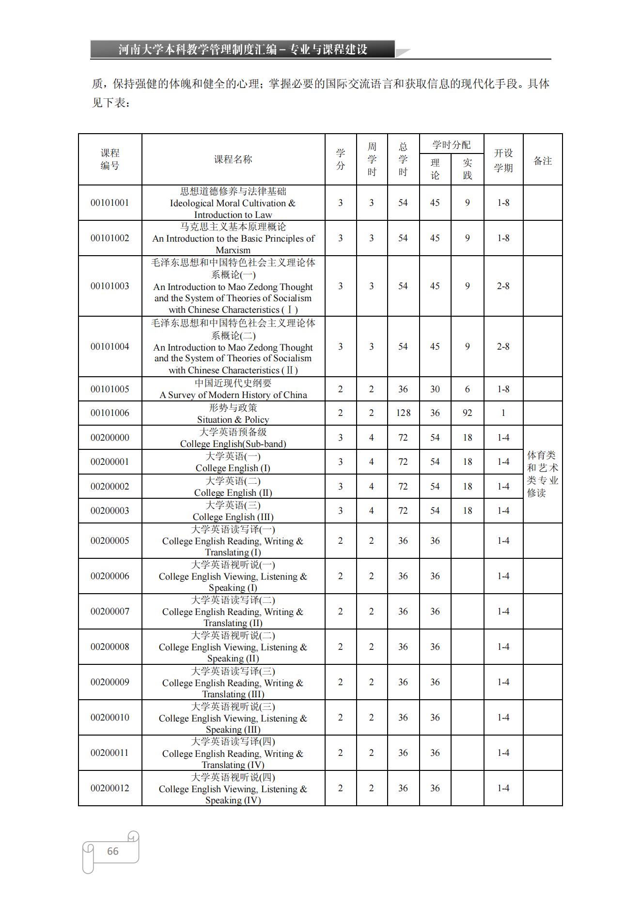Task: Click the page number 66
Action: [112, 851]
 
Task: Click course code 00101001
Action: [110, 203]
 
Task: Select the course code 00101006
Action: [110, 413]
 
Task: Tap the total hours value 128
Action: [403, 413]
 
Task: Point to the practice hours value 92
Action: [467, 413]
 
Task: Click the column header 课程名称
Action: [233, 159]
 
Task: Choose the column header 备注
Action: [543, 161]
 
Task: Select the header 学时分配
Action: [451, 145]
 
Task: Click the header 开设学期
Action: [503, 160]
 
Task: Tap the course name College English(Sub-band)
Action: [233, 444]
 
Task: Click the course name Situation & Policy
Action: [233, 419]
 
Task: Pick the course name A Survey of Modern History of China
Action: [233, 395]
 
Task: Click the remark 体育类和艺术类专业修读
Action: [543, 474]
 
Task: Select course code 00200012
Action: [110, 788]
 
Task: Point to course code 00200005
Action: [110, 540]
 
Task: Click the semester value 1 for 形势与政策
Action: [503, 413]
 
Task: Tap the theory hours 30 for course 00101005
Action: [435, 389]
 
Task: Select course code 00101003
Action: [110, 286]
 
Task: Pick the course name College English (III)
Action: [233, 517]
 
